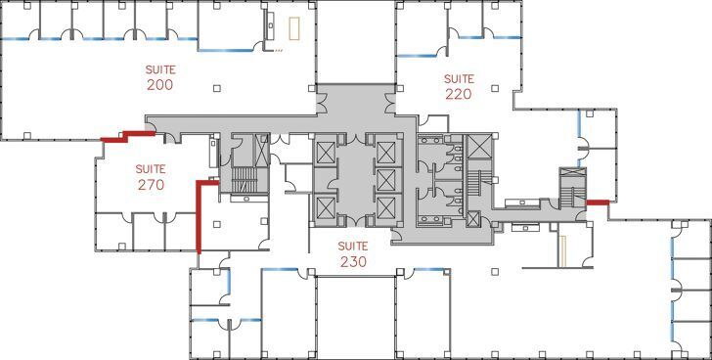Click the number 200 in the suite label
[x=159, y=85]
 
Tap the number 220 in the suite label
[x=458, y=95]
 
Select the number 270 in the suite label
[x=150, y=183]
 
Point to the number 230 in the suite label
[x=352, y=261]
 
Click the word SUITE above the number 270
[x=150, y=167]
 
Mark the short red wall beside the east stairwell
[x=597, y=202]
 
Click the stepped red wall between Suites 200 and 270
[x=127, y=136]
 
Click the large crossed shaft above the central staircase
[x=480, y=147]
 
